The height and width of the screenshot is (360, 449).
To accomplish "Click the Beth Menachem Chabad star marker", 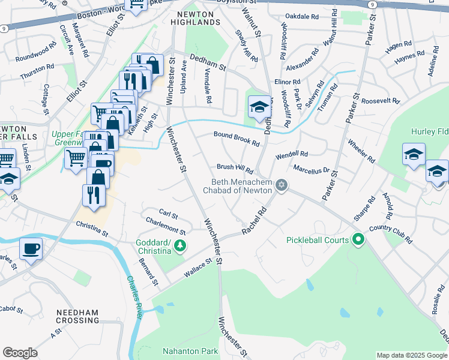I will coord(280,184).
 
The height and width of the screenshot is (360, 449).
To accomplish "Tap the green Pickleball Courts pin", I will coord(358,240).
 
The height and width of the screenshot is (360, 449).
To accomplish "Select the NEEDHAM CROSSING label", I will coord(77,316).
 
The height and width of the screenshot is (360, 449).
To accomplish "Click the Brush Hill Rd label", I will coord(235,168).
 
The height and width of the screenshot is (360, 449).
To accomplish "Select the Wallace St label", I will coord(199,267).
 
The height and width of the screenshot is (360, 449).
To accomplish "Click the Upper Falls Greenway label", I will coord(66,139).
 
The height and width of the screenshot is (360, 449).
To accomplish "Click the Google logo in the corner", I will coord(20,353).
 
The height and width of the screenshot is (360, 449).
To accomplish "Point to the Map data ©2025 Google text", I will coord(411,355).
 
